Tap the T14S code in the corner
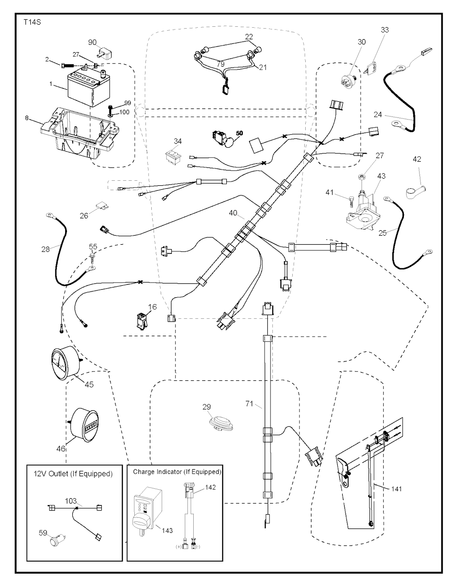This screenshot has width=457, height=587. pos(31,21)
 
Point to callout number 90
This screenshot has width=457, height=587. pos(92,42)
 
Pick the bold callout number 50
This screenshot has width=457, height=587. pos(239,133)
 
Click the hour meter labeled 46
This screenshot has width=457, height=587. pos(85,424)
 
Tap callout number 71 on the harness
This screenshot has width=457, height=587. pos(249,404)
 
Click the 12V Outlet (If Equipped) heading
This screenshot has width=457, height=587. pos(73,474)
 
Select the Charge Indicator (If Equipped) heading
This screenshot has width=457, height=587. pos(177,471)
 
